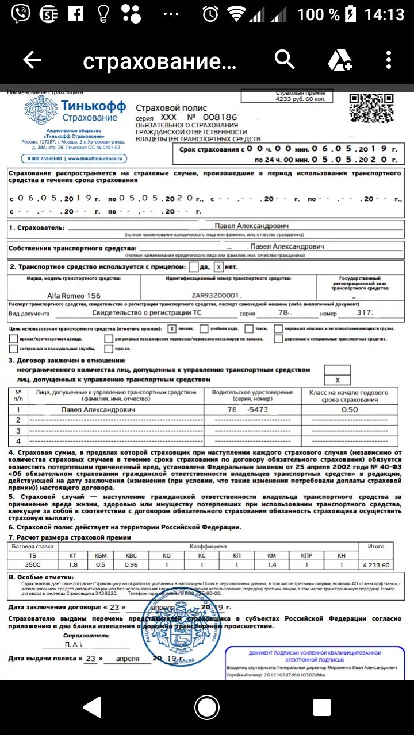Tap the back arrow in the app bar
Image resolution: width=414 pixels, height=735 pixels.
32,60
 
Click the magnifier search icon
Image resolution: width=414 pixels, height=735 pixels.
285,59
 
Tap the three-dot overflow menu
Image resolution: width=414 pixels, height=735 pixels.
389,60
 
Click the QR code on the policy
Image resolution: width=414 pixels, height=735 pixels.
371,108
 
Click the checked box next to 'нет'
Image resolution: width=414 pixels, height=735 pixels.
218,267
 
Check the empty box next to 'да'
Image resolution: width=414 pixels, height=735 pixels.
194,267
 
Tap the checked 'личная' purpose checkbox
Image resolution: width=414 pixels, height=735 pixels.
172,329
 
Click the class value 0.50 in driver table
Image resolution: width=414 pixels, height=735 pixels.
349,410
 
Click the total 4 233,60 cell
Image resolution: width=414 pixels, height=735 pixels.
375,565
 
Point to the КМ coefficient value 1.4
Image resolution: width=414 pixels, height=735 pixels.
272,565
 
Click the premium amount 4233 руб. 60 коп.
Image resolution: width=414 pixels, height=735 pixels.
300,99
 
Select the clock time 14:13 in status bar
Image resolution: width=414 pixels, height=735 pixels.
384,14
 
